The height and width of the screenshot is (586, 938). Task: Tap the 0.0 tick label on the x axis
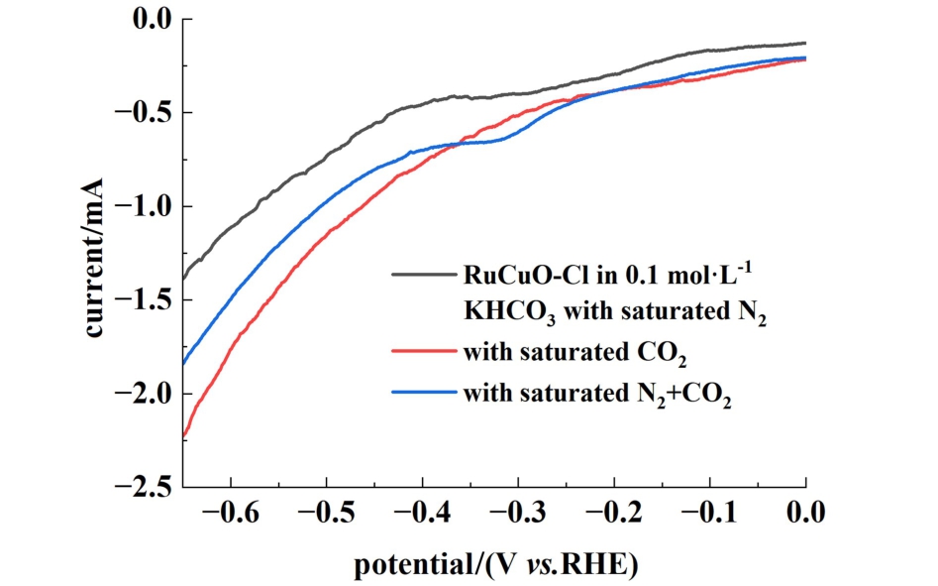806,514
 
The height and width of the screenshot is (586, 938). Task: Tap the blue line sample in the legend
423,394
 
